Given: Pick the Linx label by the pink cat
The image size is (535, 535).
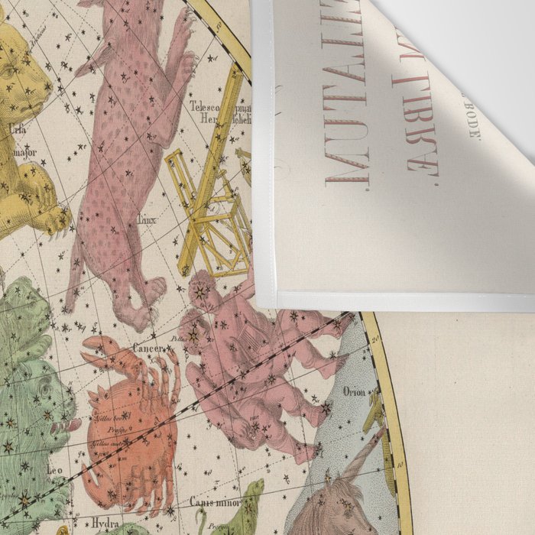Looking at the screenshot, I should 145,219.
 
